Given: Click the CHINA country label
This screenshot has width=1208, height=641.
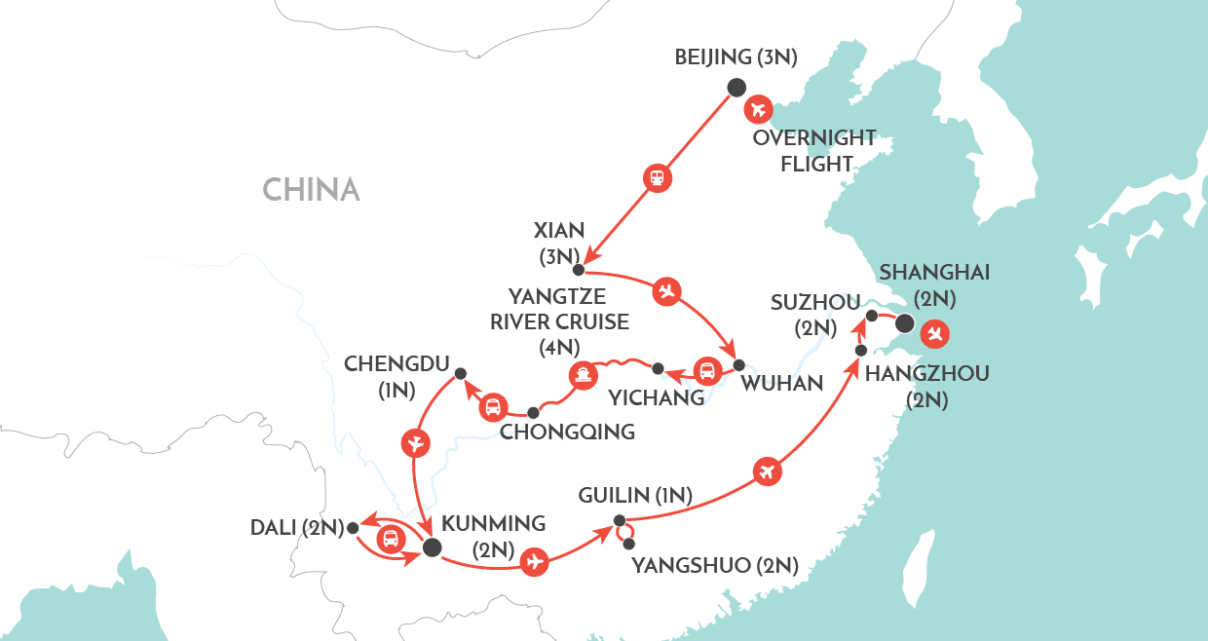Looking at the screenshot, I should tap(311, 189).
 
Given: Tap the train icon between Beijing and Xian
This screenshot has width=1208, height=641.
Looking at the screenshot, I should tap(658, 177).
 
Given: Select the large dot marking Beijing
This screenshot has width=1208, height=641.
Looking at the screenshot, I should tap(736, 87).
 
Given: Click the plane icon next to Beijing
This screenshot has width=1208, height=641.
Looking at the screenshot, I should tap(758, 108).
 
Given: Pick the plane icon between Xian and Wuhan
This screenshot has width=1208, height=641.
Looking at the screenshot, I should tap(666, 290).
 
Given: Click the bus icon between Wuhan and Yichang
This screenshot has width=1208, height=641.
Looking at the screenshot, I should tap(705, 371).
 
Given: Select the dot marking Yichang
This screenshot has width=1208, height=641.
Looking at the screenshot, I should tap(658, 368).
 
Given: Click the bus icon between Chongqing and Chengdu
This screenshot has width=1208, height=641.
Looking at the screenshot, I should tap(493, 407).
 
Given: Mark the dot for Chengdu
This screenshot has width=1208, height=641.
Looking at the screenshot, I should tap(461, 372).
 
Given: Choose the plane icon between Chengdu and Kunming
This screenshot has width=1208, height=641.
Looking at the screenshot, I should tap(415, 444).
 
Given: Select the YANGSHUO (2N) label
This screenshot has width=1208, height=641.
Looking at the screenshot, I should tap(716, 565).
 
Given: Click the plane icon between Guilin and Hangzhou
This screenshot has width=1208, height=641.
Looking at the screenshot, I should tap(767, 471).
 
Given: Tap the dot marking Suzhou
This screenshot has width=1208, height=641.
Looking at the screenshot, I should tap(873, 315).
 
